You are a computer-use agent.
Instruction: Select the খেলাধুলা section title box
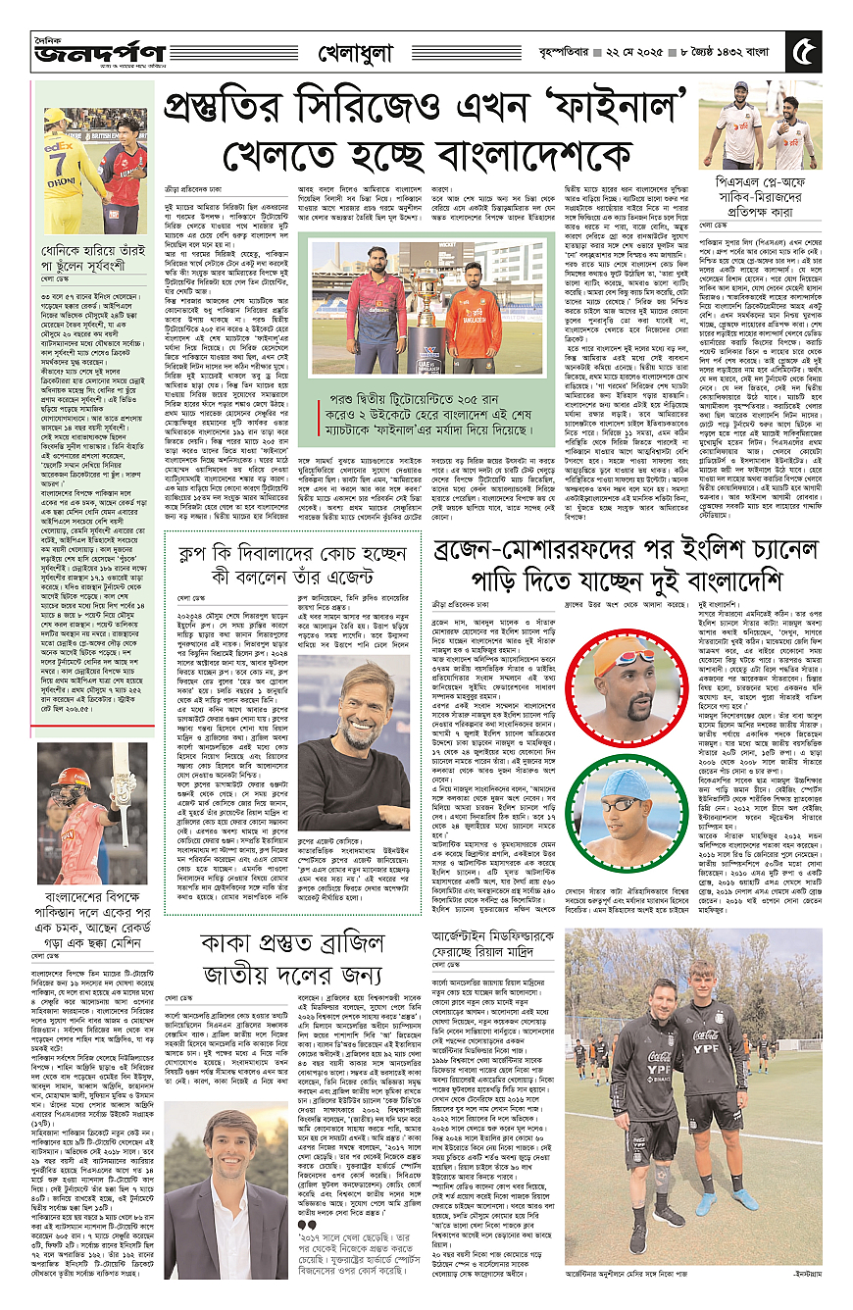click(x=366, y=50)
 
